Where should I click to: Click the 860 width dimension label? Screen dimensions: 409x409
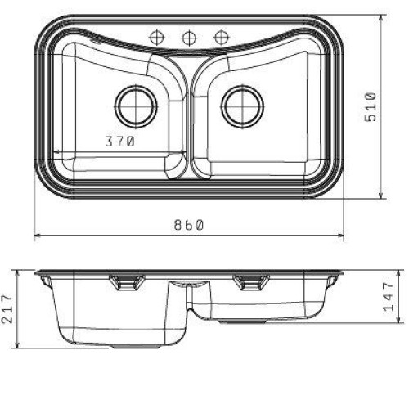tap(189, 225)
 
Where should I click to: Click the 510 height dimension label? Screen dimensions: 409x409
tap(371, 107)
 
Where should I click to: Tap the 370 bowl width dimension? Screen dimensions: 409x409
tap(120, 142)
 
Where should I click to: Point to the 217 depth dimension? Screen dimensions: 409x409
tap(7, 308)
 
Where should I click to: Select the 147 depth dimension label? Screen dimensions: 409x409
tap(389, 297)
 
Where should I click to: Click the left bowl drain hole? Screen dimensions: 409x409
tap(137, 106)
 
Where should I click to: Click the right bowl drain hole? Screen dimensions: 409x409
tap(242, 106)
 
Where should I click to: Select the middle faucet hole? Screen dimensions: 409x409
tap(189, 38)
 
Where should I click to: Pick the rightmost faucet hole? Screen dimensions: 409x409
tap(221, 38)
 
